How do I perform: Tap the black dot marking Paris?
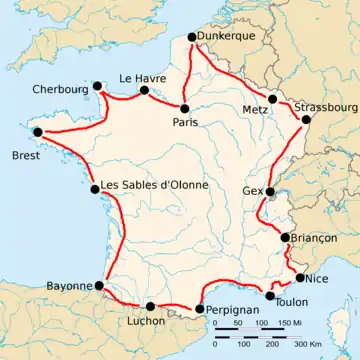(185, 107)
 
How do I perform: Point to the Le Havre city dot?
(144, 91)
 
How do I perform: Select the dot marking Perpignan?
(199, 309)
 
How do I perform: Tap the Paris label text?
(184, 121)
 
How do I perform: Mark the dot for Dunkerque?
(192, 39)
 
